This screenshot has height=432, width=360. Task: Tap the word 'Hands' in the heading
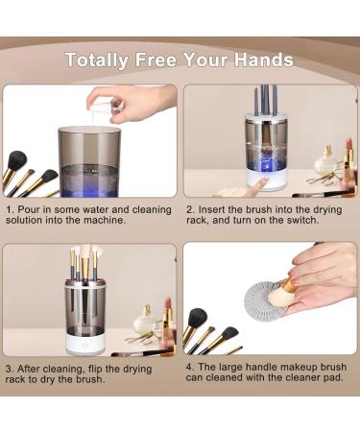click(x=262, y=60)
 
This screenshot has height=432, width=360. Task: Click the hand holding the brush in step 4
click(x=322, y=274)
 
